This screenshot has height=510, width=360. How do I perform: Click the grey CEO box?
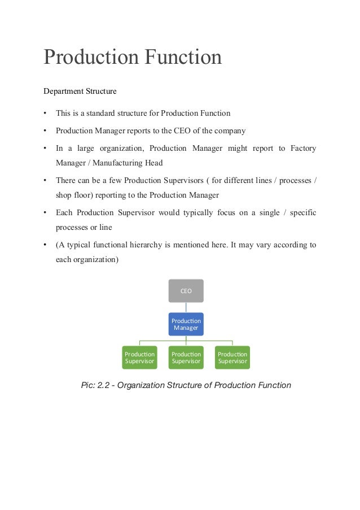(x=186, y=290)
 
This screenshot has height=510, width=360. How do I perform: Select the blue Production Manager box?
(x=186, y=324)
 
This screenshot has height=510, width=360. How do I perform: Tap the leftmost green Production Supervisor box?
(x=139, y=358)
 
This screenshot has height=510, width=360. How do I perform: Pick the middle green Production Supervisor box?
(x=186, y=358)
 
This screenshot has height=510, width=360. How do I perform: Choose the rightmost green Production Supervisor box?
(x=232, y=358)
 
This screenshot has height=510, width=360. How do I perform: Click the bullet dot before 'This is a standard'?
(x=45, y=113)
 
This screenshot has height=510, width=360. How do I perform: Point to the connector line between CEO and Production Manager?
(x=186, y=307)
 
